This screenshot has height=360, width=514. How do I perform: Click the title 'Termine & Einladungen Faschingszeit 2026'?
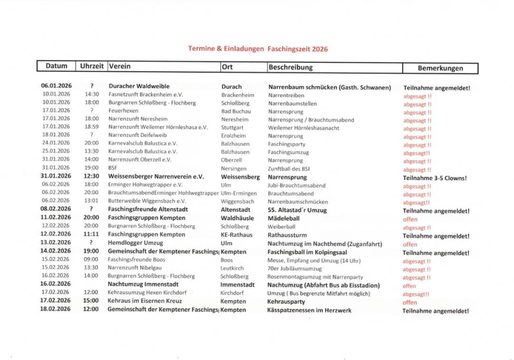tap(258, 49)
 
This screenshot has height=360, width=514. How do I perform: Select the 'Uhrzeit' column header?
tap(91, 67)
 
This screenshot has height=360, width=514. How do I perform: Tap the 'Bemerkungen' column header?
tap(440, 68)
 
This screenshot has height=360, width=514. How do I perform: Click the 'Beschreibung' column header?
tap(291, 67)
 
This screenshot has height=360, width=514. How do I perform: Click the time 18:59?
tap(91, 127)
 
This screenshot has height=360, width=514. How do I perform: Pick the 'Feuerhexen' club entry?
tap(123, 111)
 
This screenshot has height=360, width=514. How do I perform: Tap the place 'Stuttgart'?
tap(232, 127)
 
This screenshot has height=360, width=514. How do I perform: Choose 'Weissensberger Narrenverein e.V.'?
tap(156, 177)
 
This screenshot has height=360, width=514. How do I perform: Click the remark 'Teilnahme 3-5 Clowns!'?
tap(435, 178)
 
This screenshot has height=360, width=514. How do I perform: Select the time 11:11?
tap(91, 235)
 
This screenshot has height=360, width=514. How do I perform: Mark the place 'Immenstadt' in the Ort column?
tap(238, 285)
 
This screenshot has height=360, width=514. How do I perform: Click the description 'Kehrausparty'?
tap(286, 301)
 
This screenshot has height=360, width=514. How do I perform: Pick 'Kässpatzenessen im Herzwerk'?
tap(309, 310)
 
